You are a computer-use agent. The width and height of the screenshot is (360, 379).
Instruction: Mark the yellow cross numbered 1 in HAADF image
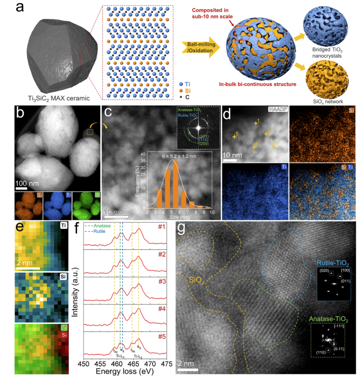point(256,123)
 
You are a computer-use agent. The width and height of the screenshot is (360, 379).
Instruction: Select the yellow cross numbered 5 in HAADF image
point(235,137)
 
